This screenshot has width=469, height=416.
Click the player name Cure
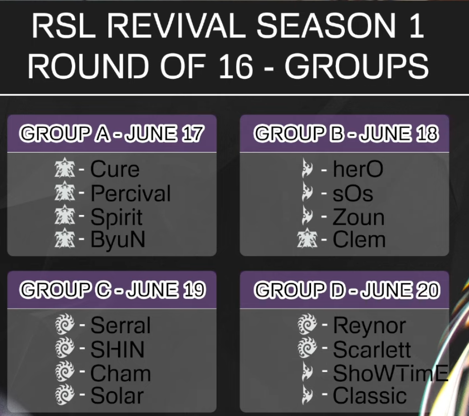[x=115, y=169]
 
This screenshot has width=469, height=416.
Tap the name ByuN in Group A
[x=118, y=239]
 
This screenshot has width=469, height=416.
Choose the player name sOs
[x=353, y=193]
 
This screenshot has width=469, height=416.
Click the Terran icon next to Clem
[x=307, y=238]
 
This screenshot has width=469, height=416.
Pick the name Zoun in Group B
[x=358, y=217]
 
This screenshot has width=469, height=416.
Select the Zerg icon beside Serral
[x=65, y=324]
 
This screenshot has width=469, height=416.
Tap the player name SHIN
[x=118, y=349]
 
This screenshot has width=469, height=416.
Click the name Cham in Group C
[x=121, y=373]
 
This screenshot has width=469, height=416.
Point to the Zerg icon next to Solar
[x=65, y=395]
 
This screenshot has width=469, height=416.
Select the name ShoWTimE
[x=391, y=373]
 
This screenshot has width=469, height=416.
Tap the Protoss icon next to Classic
[x=307, y=394]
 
